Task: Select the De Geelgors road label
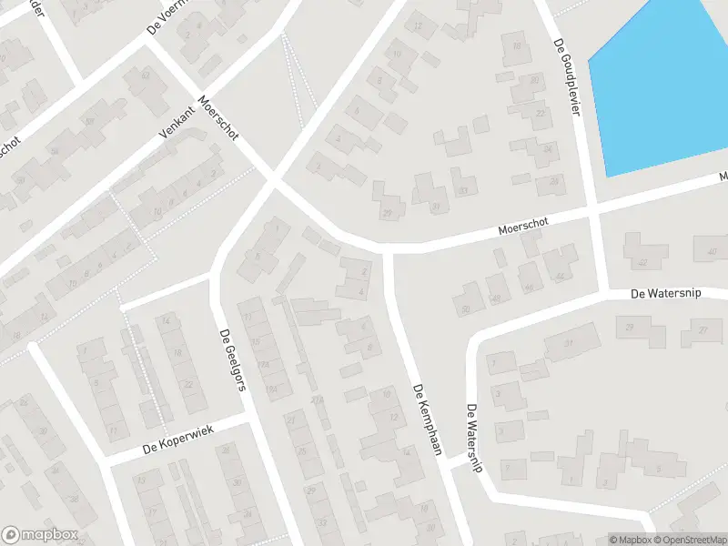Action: point(232,359)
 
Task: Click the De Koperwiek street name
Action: point(177,440)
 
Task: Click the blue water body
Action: point(664,82)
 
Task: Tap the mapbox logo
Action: point(40,535)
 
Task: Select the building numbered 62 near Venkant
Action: point(140,85)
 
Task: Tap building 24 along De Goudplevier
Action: point(546,149)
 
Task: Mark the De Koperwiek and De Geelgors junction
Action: point(248,420)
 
